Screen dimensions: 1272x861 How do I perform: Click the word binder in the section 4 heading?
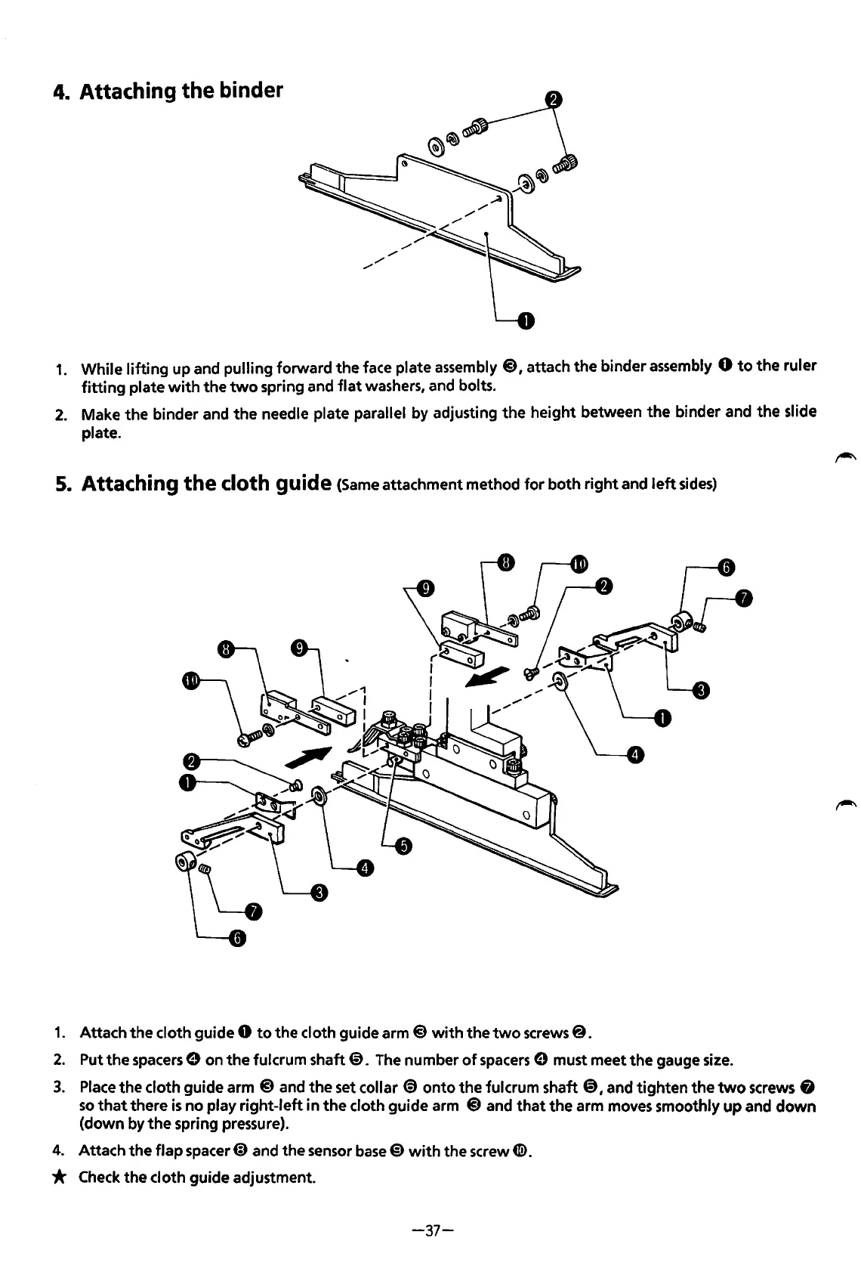pyautogui.click(x=248, y=91)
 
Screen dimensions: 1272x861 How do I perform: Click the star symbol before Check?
pyautogui.click(x=61, y=1177)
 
